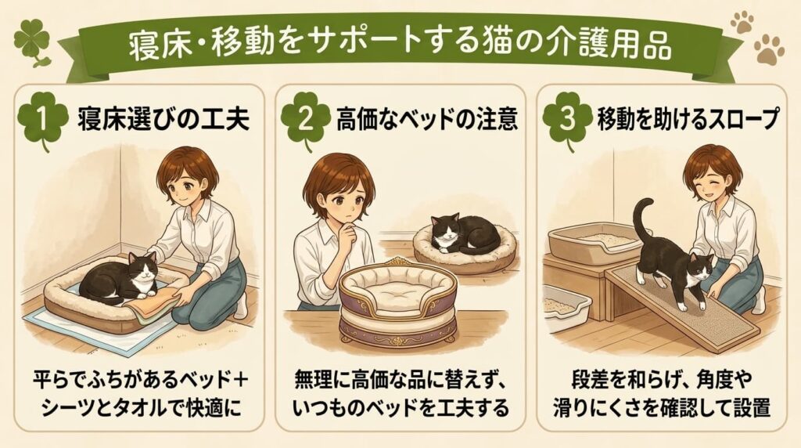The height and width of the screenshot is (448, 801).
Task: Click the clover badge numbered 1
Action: [x=42, y=119]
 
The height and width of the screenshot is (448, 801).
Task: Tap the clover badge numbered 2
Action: [x=306, y=119]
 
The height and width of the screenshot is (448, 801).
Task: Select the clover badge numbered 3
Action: [x=567, y=119]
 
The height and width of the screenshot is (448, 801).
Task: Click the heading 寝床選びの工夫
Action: [x=163, y=119]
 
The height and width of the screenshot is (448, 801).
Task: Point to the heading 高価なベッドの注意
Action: [x=427, y=119]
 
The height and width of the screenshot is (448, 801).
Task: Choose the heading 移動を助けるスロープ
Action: [x=688, y=119]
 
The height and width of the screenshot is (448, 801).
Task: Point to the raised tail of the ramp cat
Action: [x=643, y=220]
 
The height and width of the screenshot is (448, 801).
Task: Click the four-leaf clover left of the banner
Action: [x=34, y=42]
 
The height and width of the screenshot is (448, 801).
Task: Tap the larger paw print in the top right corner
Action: [x=769, y=50]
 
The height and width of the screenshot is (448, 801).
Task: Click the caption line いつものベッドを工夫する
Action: [x=401, y=407]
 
